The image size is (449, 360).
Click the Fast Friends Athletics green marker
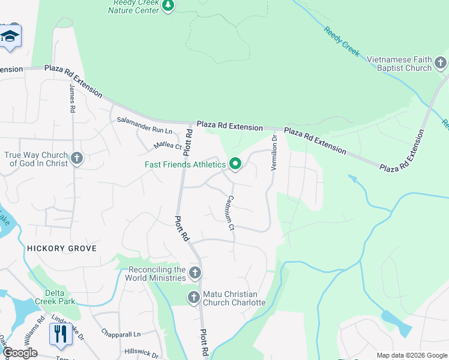(x=235, y=164)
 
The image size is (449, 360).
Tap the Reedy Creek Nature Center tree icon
(x=169, y=6)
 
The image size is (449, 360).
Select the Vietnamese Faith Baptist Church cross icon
(x=441, y=63)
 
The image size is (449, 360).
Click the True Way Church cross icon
(x=76, y=158)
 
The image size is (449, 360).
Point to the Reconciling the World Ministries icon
(x=194, y=274)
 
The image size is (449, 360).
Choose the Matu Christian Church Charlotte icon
(x=194, y=297)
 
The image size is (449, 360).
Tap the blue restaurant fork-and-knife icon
(x=60, y=334)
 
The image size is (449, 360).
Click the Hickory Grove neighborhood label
(x=61, y=248)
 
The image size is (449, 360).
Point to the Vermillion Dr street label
(x=274, y=152)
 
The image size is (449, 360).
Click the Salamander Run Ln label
(x=144, y=125)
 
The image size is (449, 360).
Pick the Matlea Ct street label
(x=167, y=145)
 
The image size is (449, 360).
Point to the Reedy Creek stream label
(x=342, y=42)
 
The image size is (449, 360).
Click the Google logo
(x=20, y=353)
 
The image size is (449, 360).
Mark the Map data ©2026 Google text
(x=411, y=355)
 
